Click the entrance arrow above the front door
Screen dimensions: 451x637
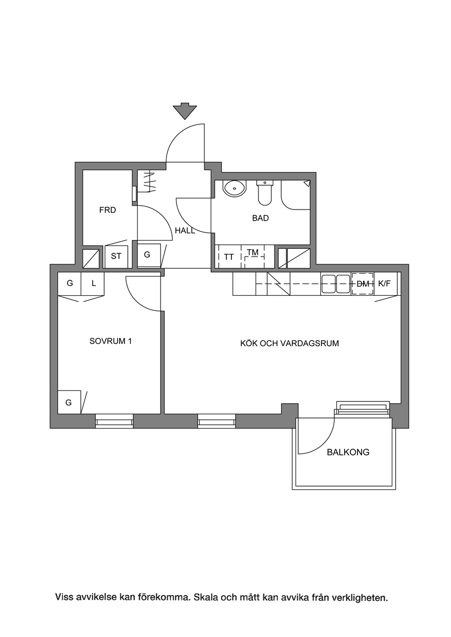(x=185, y=111)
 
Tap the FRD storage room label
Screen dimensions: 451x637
(x=107, y=210)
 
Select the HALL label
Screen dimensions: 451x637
(x=185, y=231)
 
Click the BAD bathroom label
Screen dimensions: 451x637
(x=260, y=218)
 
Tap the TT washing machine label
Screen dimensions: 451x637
(x=229, y=257)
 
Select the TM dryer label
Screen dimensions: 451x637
(x=252, y=252)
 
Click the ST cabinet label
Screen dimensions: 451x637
(x=116, y=257)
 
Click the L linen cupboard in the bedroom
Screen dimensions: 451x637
(x=93, y=284)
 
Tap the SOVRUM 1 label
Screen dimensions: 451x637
(x=111, y=341)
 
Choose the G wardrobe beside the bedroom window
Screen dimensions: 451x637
(x=69, y=402)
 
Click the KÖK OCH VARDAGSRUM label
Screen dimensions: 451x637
(x=289, y=343)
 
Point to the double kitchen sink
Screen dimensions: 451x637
(x=335, y=284)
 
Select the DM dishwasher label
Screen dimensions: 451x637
(x=363, y=284)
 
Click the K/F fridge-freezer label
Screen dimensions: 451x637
(x=384, y=284)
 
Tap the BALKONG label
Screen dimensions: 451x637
(x=348, y=452)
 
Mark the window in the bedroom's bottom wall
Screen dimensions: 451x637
(x=115, y=421)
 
